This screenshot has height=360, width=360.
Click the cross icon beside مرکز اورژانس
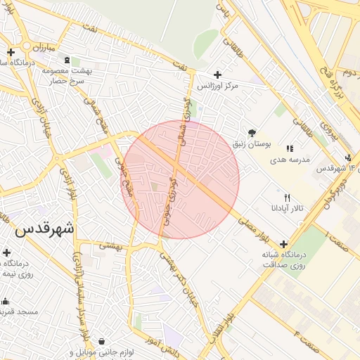[217, 75]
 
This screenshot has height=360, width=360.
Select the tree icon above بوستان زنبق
[252, 132]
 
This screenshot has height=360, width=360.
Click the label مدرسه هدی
[289, 160]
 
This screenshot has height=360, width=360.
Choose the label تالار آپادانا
[286, 209]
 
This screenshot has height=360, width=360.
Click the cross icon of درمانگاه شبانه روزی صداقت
[283, 243]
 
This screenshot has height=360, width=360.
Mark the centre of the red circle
[181, 180]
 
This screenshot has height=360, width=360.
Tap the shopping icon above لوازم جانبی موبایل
[103, 341]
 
